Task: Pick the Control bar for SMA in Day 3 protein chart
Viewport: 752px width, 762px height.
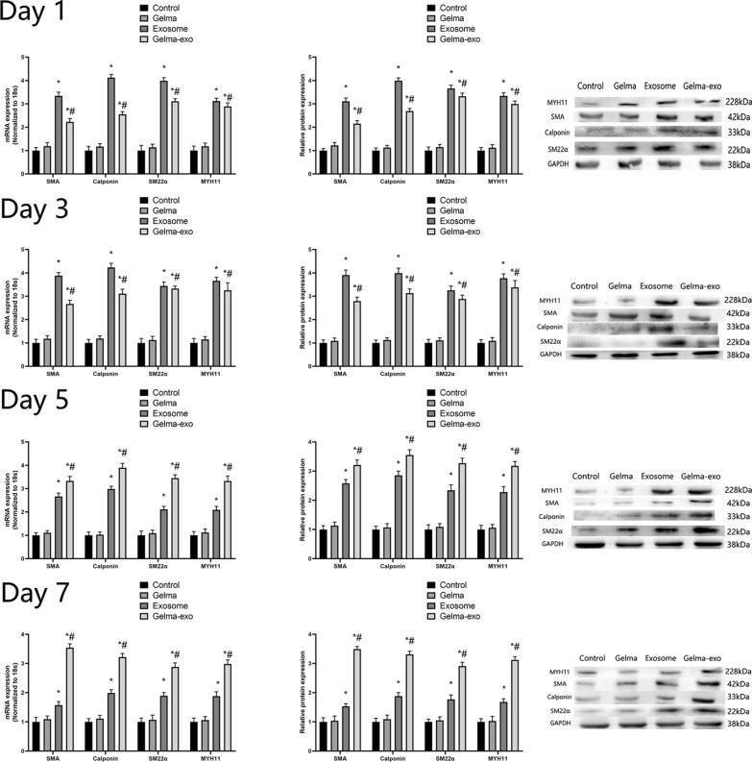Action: pos(324,355)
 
